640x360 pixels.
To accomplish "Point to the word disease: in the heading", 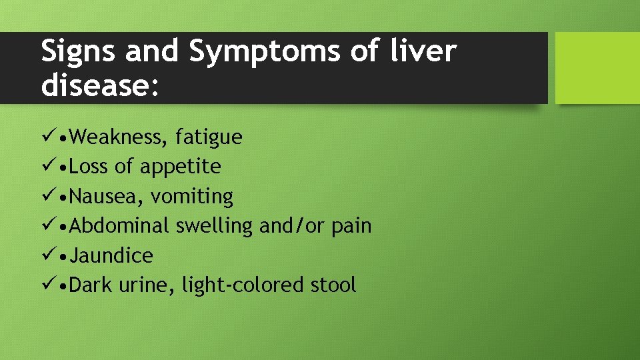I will [101, 87].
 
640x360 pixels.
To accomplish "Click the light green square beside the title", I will [597, 68].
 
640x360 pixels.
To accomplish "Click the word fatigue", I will [209, 137].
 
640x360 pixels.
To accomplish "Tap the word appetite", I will [180, 167].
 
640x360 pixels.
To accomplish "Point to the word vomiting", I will [192, 197].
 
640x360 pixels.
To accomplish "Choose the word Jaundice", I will [111, 255].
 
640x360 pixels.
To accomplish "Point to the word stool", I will [333, 285].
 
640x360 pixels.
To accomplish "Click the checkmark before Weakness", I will [47, 137].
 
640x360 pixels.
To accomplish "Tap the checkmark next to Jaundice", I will [47, 255].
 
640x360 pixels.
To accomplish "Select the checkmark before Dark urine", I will [47, 285].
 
